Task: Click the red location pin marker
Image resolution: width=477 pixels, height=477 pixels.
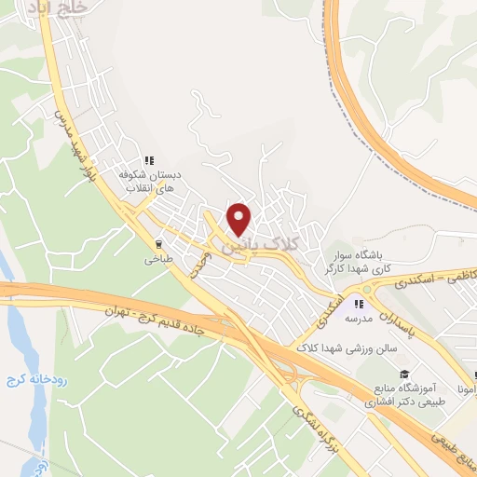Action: pos(239,218)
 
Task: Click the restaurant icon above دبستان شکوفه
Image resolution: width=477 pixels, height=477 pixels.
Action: pos(149,159)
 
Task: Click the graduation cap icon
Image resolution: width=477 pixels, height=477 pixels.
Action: pos(403,374)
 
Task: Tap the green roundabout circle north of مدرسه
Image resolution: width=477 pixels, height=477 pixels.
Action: pos(365,288)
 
